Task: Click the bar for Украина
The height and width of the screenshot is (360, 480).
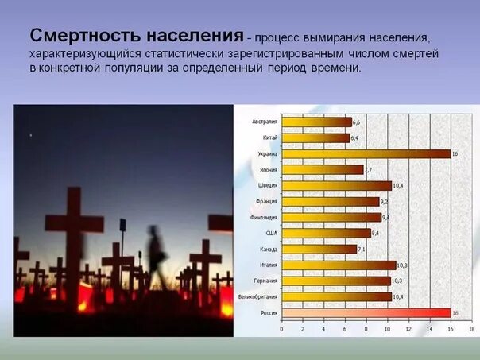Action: pyautogui.click(x=366, y=153)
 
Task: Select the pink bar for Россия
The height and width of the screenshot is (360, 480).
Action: pyautogui.click(x=366, y=313)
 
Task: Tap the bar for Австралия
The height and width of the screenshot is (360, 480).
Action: pyautogui.click(x=316, y=122)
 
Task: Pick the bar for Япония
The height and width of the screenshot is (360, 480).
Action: pyautogui.click(x=322, y=169)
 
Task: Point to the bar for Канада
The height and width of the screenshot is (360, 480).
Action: pyautogui.click(x=319, y=249)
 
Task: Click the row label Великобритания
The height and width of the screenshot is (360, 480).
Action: pyautogui.click(x=258, y=297)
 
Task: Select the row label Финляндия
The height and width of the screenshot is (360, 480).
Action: pyautogui.click(x=263, y=217)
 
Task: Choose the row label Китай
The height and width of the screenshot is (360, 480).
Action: pyautogui.click(x=269, y=137)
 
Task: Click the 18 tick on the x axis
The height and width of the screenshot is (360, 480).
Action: pyautogui.click(x=471, y=328)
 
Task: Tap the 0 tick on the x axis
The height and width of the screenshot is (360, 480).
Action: pyautogui.click(x=282, y=328)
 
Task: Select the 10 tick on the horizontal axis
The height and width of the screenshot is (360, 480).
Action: pyautogui.click(x=387, y=328)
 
